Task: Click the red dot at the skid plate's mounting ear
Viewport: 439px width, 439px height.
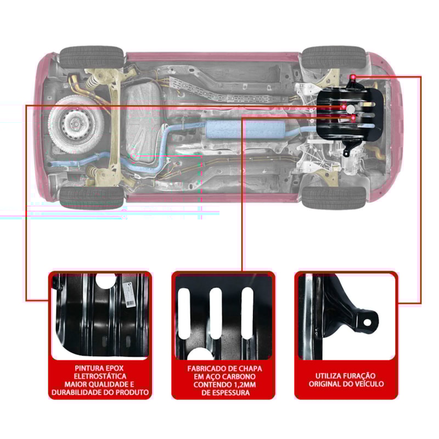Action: (x=353, y=76)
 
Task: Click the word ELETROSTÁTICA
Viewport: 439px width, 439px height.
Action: (x=99, y=376)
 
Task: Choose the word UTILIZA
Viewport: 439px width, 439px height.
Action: (x=330, y=376)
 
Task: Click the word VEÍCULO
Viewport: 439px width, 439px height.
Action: (x=368, y=384)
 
